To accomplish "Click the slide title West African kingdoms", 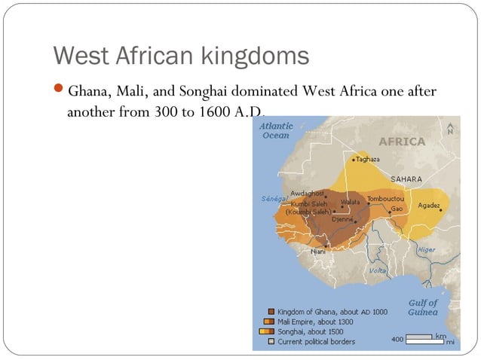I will click(181, 56).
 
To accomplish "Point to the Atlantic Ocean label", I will click(275, 131).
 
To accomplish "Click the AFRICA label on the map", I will click(401, 141).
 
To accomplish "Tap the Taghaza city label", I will click(367, 160).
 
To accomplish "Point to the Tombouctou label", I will click(385, 199).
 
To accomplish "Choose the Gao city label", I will click(397, 208).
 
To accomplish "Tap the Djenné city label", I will click(342, 219).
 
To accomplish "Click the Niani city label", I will click(317, 252).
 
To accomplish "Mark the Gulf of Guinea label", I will click(423, 307).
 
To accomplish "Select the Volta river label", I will click(377, 270).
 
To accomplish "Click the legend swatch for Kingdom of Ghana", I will click(271, 311).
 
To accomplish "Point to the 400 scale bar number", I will click(397, 340).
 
